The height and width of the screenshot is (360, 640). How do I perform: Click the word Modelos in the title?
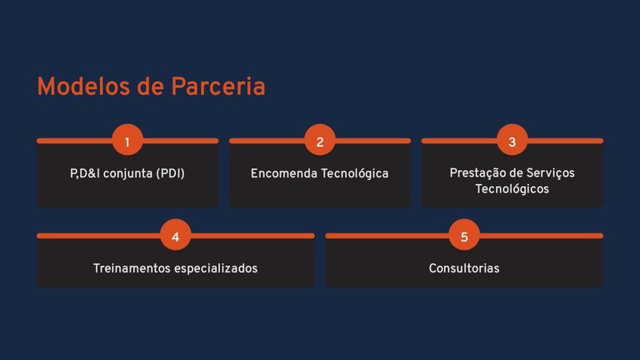click(x=78, y=87)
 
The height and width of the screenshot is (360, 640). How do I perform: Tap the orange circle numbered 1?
click(x=127, y=142)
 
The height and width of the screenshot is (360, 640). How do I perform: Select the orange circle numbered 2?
click(x=320, y=142)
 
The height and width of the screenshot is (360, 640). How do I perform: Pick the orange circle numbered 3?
click(x=512, y=142)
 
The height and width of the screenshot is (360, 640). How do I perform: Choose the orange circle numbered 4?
click(x=175, y=237)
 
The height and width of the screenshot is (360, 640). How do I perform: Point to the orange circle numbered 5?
click(x=464, y=237)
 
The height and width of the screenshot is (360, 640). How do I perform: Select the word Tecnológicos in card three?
click(x=512, y=189)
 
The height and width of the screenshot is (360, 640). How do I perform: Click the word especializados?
click(x=217, y=268)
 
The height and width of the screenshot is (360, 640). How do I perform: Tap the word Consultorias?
click(x=464, y=268)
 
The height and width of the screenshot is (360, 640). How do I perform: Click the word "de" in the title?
click(x=147, y=87)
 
